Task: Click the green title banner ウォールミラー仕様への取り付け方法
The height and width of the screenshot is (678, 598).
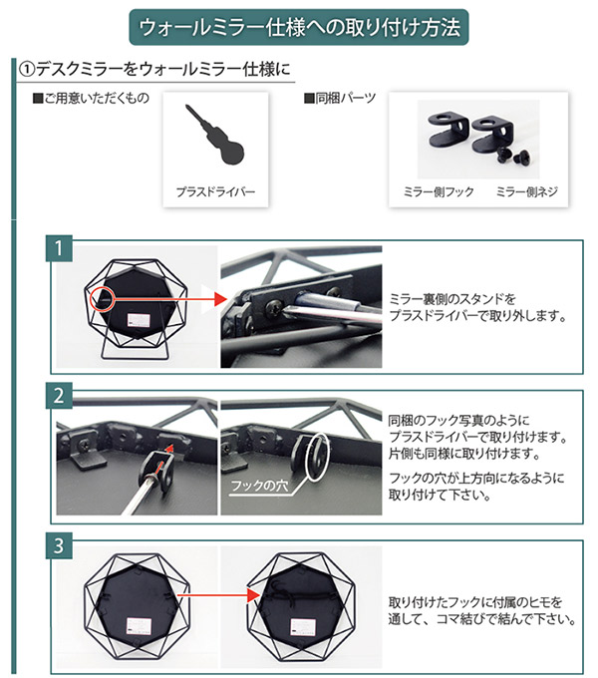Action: [299, 27]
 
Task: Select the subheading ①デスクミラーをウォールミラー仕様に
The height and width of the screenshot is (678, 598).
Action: [154, 70]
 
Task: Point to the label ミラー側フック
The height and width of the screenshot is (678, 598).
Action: [439, 189]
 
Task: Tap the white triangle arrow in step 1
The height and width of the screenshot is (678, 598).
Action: [206, 295]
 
